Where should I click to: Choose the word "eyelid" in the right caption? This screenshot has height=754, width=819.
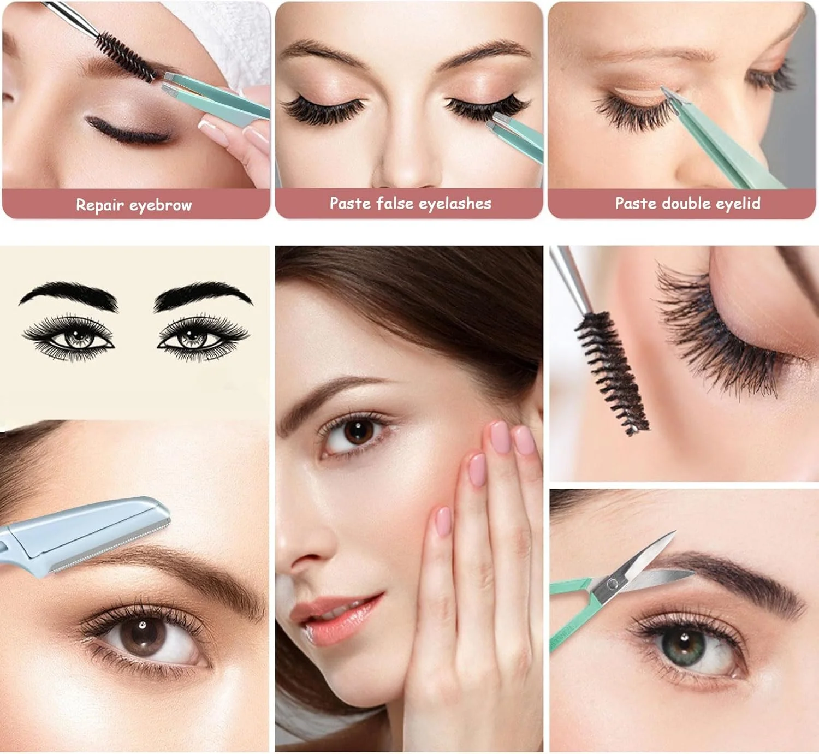click(x=738, y=204)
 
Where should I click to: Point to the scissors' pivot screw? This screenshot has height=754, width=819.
click(x=612, y=584)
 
